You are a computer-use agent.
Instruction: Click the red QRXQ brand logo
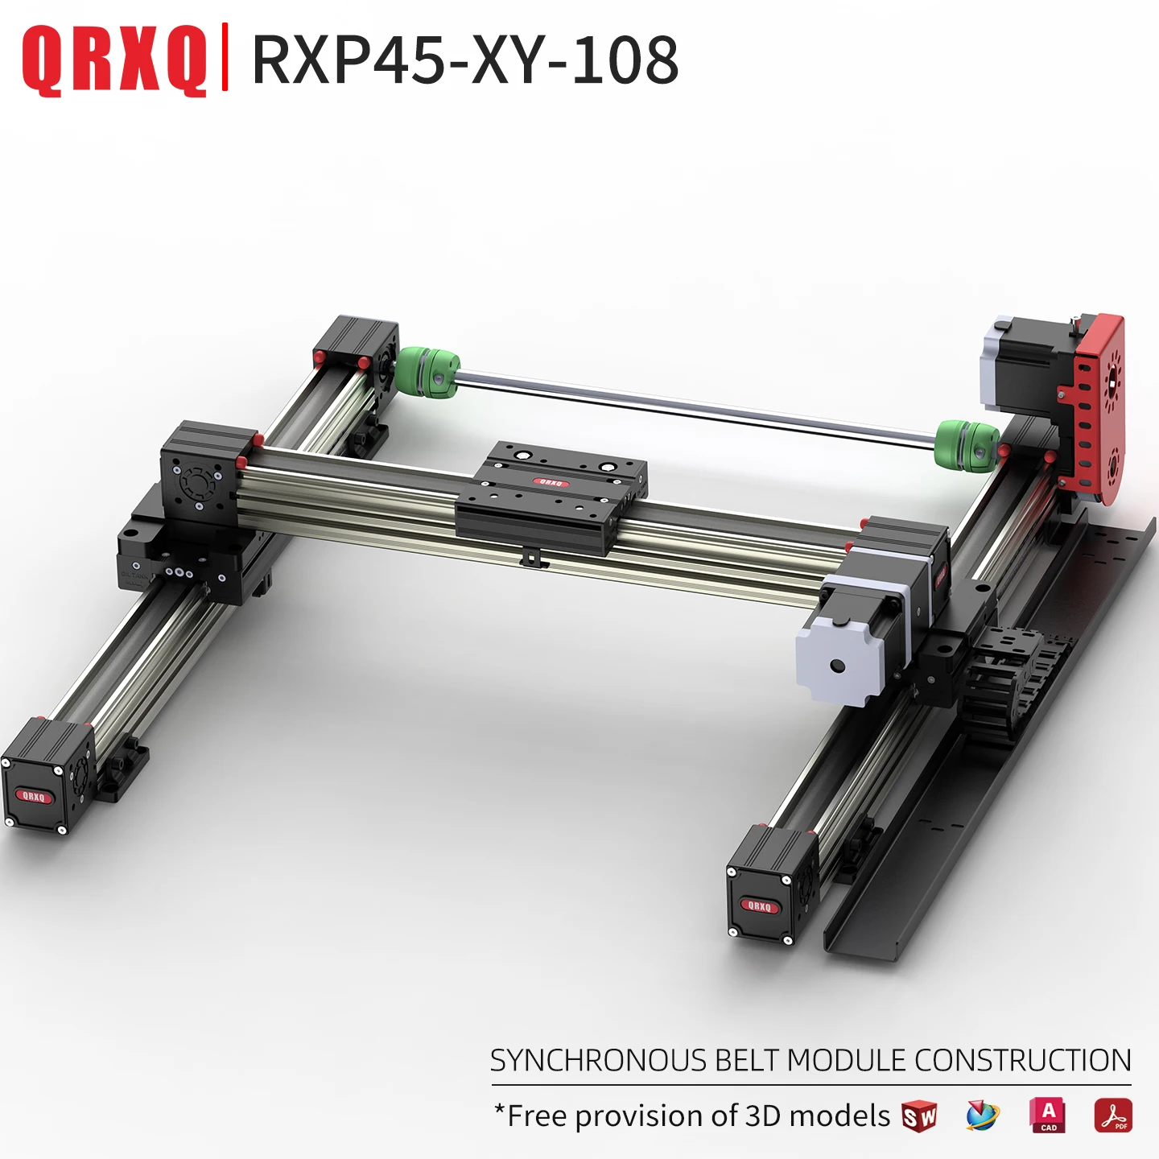point(113,60)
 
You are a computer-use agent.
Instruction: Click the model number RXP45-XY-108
point(465,60)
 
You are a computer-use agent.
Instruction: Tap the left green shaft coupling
point(427,373)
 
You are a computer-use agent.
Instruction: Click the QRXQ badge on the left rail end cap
point(34,796)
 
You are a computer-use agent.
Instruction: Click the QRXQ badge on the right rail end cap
point(759,905)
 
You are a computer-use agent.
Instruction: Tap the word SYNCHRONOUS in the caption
point(598,1061)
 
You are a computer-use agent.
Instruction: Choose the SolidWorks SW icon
point(919,1116)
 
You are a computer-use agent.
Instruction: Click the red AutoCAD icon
point(1048,1115)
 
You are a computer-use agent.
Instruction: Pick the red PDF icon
point(1112,1116)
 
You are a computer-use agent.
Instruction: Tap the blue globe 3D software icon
point(982,1116)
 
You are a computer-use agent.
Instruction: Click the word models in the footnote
point(839,1116)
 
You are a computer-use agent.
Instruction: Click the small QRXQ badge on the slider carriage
point(551,483)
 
